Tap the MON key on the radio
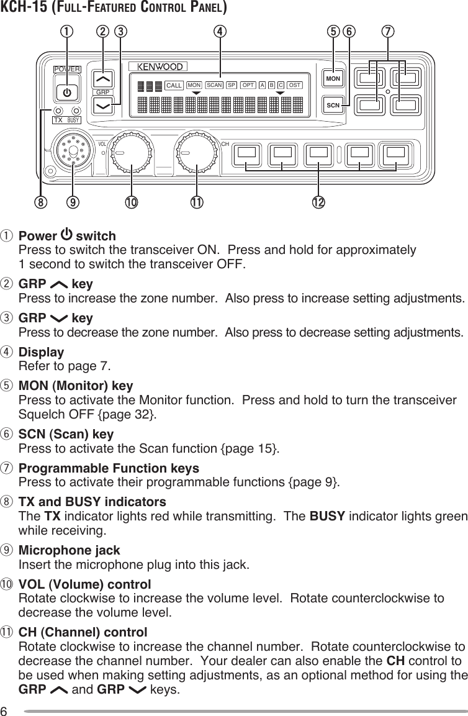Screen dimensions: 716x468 point(333,79)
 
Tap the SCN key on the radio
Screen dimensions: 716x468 point(333,105)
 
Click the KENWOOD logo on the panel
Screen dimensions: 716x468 point(160,67)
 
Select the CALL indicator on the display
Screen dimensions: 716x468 point(174,85)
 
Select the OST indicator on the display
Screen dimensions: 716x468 point(295,84)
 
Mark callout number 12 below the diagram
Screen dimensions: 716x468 point(320,202)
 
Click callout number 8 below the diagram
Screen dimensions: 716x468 point(40,202)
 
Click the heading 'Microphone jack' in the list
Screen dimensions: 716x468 point(70,551)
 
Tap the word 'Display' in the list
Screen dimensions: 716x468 point(42,352)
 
